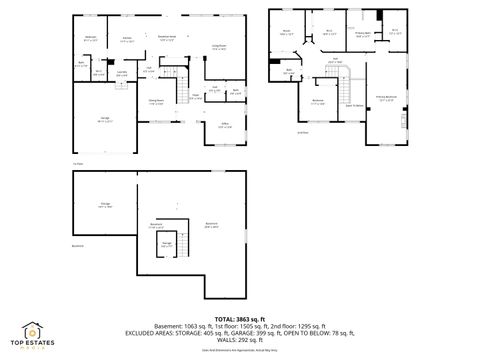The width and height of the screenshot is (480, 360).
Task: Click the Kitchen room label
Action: tap(127, 41)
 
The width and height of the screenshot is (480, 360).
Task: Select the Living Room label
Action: tap(218, 47)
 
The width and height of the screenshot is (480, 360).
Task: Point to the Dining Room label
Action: tap(156, 101)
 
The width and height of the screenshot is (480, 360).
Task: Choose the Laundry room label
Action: tap(121, 73)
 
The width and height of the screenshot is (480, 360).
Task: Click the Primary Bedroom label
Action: tap(385, 98)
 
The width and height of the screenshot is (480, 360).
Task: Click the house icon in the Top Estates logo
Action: tap(33, 328)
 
